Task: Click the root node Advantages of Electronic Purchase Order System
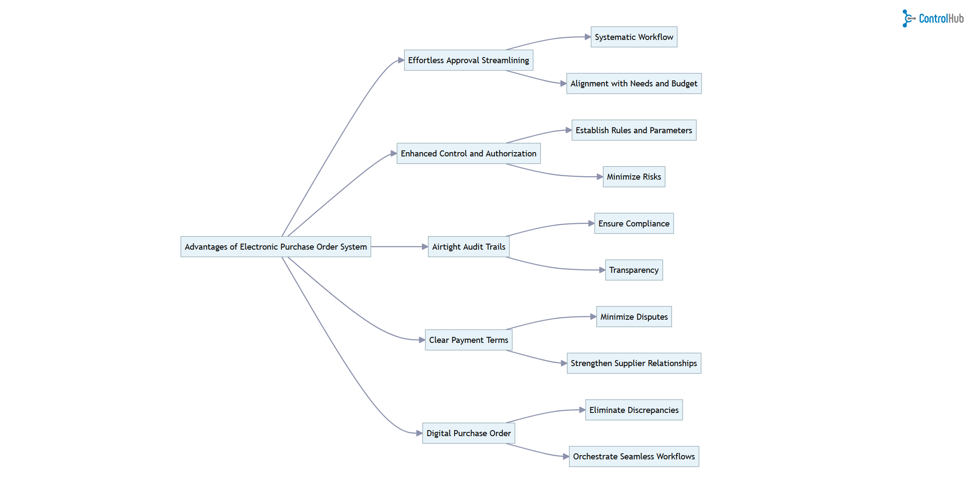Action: click(x=276, y=247)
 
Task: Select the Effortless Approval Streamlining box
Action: click(x=469, y=60)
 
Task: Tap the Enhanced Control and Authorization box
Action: click(x=469, y=153)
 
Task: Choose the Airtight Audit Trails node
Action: click(x=469, y=247)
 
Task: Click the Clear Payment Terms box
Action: click(x=469, y=340)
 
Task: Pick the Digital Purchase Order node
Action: click(x=469, y=433)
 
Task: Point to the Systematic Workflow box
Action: click(x=634, y=37)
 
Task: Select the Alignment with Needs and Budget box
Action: click(x=634, y=83)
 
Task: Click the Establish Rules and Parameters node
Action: click(x=634, y=130)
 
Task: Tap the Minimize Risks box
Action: click(x=634, y=177)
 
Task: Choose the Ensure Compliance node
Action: click(x=634, y=223)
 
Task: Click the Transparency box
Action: click(x=634, y=270)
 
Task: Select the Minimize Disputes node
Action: click(x=634, y=317)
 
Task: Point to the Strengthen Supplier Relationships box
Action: click(x=634, y=363)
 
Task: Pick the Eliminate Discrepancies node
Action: click(x=634, y=410)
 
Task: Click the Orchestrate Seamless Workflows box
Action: click(x=634, y=456)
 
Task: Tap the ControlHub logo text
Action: click(x=941, y=18)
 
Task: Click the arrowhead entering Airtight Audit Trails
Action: click(x=425, y=247)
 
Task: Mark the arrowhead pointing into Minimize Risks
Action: click(x=600, y=177)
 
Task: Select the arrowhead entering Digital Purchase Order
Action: click(x=420, y=433)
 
